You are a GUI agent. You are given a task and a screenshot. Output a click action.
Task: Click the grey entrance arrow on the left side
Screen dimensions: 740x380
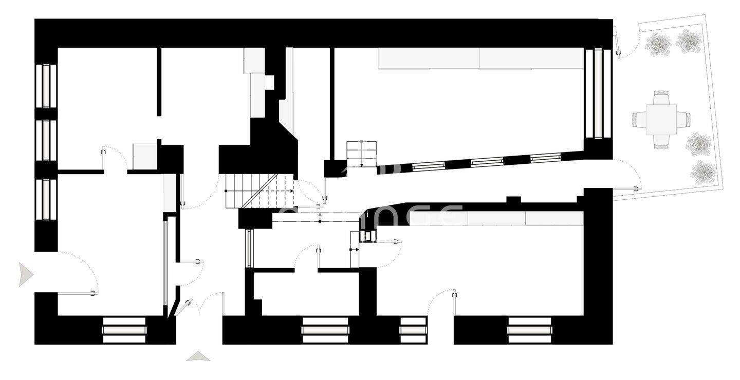pyautogui.click(x=25, y=274)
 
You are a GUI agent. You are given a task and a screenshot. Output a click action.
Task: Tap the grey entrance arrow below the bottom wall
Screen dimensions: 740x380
pyautogui.click(x=198, y=356)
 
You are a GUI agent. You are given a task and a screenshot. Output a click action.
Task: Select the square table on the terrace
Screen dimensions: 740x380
pyautogui.click(x=661, y=120)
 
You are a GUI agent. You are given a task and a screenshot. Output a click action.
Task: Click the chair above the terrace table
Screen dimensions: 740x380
pyautogui.click(x=661, y=97)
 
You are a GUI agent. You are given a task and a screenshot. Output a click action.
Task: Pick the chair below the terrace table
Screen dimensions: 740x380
pyautogui.click(x=661, y=142)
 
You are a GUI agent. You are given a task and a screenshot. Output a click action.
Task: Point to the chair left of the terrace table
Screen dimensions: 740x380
pyautogui.click(x=639, y=120)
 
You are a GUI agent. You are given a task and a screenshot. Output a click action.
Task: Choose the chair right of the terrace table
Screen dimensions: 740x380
pyautogui.click(x=683, y=120)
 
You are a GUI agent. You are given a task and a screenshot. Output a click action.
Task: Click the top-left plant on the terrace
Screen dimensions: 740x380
pyautogui.click(x=658, y=44)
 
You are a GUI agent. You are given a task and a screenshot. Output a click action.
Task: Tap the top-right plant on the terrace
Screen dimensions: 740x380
pyautogui.click(x=689, y=41)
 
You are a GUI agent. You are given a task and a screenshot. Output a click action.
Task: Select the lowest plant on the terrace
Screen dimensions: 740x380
pyautogui.click(x=703, y=173)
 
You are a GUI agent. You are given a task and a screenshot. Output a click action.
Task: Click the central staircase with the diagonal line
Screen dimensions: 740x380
pyautogui.click(x=260, y=191)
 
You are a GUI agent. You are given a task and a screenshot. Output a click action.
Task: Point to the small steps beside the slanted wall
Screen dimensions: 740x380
pyautogui.click(x=361, y=154)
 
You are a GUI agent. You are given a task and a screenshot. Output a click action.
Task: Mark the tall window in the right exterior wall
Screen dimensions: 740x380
pyautogui.click(x=598, y=93)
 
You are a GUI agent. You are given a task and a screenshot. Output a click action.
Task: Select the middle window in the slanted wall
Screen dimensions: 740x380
pyautogui.click(x=487, y=162)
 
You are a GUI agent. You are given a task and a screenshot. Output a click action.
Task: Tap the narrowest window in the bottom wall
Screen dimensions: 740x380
pyautogui.click(x=413, y=330)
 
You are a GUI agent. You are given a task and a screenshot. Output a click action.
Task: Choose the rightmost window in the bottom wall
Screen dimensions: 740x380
pyautogui.click(x=529, y=330)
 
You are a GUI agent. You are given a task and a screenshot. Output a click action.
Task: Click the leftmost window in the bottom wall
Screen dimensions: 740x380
pyautogui.click(x=124, y=330)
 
